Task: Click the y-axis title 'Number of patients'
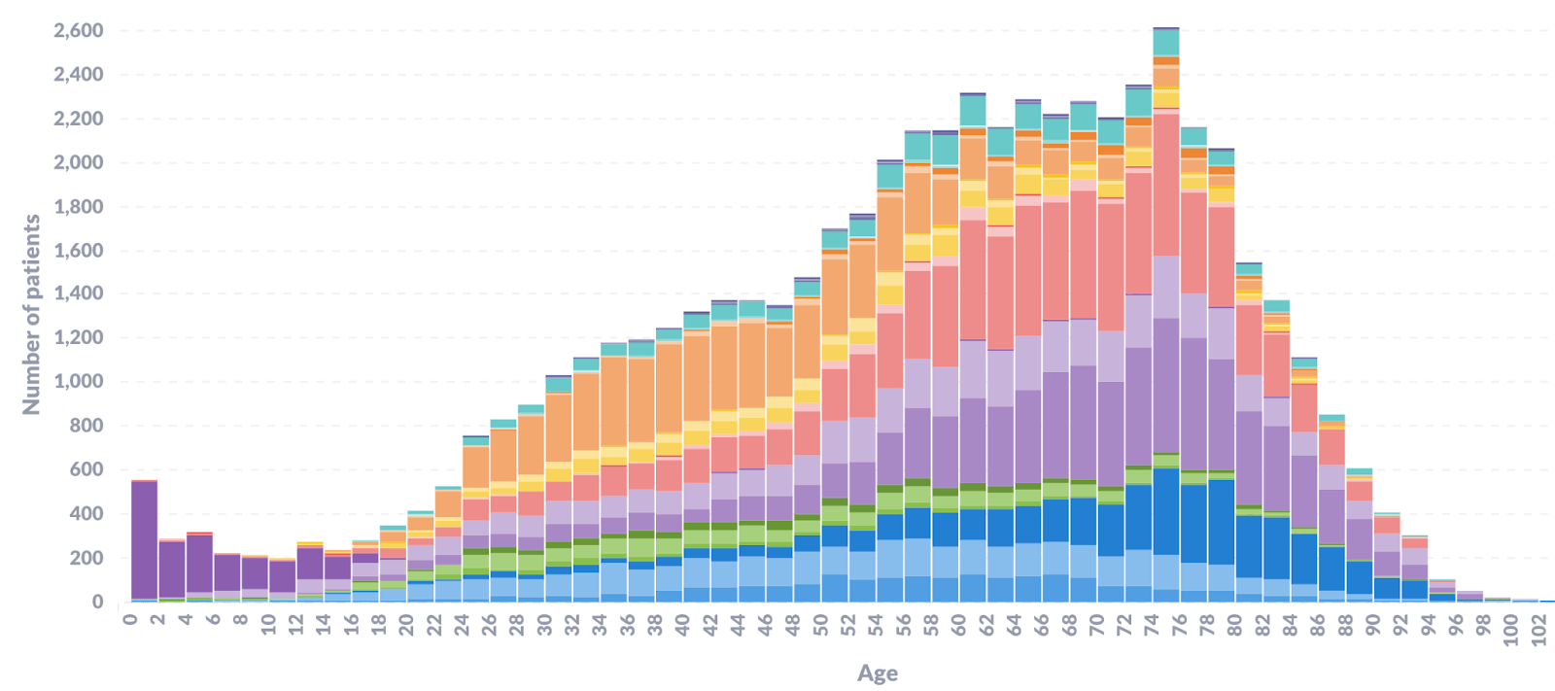pos(31,314)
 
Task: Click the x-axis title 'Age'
pos(877,674)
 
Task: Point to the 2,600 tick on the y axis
pos(79,30)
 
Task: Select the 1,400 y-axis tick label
pos(79,294)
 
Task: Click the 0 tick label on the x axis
pos(131,617)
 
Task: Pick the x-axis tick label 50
pos(821,622)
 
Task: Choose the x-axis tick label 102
pos(1539,627)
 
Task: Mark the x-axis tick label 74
pos(1153,622)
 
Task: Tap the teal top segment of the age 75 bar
pos(1166,43)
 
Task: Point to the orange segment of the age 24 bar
pos(476,466)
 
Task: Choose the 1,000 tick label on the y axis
pos(79,382)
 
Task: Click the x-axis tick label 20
pos(407,622)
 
